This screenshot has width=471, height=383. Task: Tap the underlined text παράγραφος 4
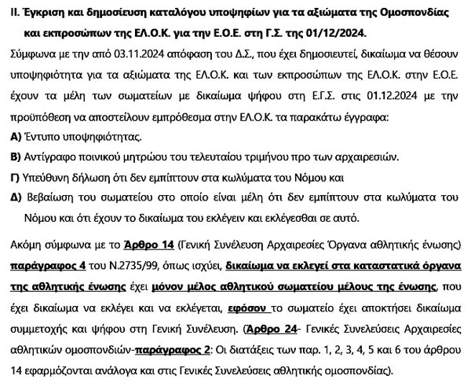tap(43, 266)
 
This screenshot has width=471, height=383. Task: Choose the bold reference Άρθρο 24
tap(271, 326)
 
